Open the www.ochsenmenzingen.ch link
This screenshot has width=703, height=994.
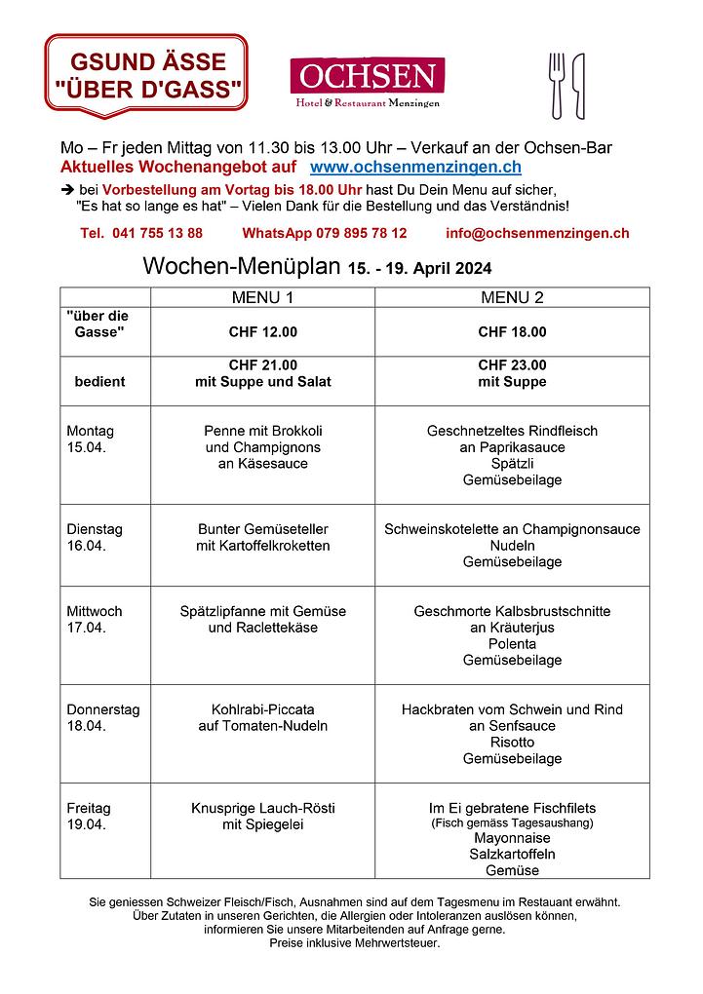coord(415,168)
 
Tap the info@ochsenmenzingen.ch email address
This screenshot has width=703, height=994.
coord(537,234)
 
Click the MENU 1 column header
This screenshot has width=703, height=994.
coord(262,297)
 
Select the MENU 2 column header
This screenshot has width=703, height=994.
coord(512,297)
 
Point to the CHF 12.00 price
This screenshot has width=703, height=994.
coord(262,332)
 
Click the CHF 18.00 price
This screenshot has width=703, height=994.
coord(512,332)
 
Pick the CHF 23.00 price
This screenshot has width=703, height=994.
coord(512,365)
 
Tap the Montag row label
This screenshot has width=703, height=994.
coord(90,431)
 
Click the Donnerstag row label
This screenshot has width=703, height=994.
coord(102,709)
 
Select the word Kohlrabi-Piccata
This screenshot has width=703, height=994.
coord(262,709)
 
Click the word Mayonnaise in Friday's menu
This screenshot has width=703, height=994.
coord(512,838)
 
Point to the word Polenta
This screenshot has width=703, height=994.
coord(512,644)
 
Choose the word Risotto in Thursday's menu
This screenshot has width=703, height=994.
coord(512,743)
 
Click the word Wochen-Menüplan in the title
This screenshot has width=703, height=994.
coord(241,267)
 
